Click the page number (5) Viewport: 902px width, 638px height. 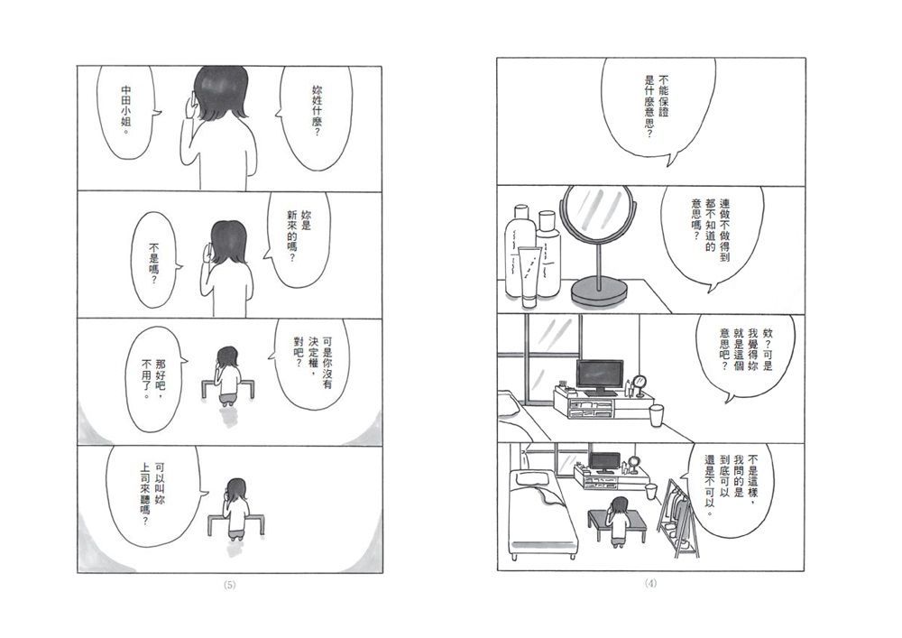point(229,585)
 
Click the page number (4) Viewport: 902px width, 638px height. point(650,583)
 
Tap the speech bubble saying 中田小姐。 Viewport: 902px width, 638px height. point(125,111)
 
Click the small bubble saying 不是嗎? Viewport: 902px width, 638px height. point(153,260)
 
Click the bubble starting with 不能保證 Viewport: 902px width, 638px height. point(657,106)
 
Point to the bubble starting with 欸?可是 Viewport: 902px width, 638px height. point(746,355)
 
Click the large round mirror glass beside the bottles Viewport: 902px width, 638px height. point(598,213)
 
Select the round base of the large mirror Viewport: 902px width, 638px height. point(599,290)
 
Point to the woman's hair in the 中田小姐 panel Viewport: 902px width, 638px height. point(220,93)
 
